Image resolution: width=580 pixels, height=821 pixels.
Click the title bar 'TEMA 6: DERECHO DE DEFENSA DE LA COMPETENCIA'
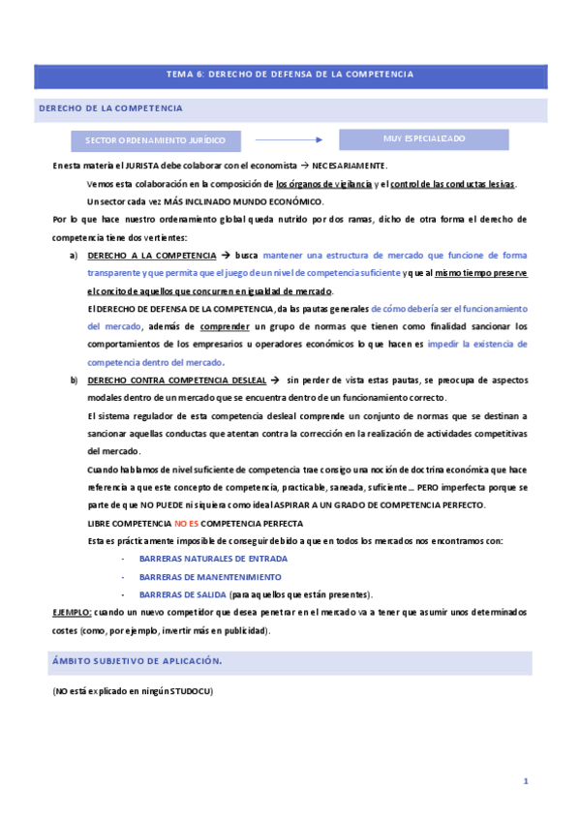[290, 75]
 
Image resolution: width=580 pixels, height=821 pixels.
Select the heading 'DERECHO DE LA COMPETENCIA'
[110, 108]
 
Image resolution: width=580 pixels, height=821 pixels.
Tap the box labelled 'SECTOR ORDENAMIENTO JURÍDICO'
[155, 140]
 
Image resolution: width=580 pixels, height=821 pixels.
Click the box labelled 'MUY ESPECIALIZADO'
[424, 138]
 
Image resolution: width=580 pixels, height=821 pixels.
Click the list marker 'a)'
[74, 256]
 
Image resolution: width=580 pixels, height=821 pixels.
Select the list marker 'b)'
[74, 380]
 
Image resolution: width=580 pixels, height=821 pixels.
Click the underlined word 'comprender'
[227, 326]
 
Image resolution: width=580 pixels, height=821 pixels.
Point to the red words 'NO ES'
[186, 523]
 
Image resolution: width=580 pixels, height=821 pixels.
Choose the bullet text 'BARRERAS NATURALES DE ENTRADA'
[213, 559]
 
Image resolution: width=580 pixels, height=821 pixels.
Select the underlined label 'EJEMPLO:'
[73, 612]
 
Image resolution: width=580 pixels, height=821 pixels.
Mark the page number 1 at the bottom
[525, 780]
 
